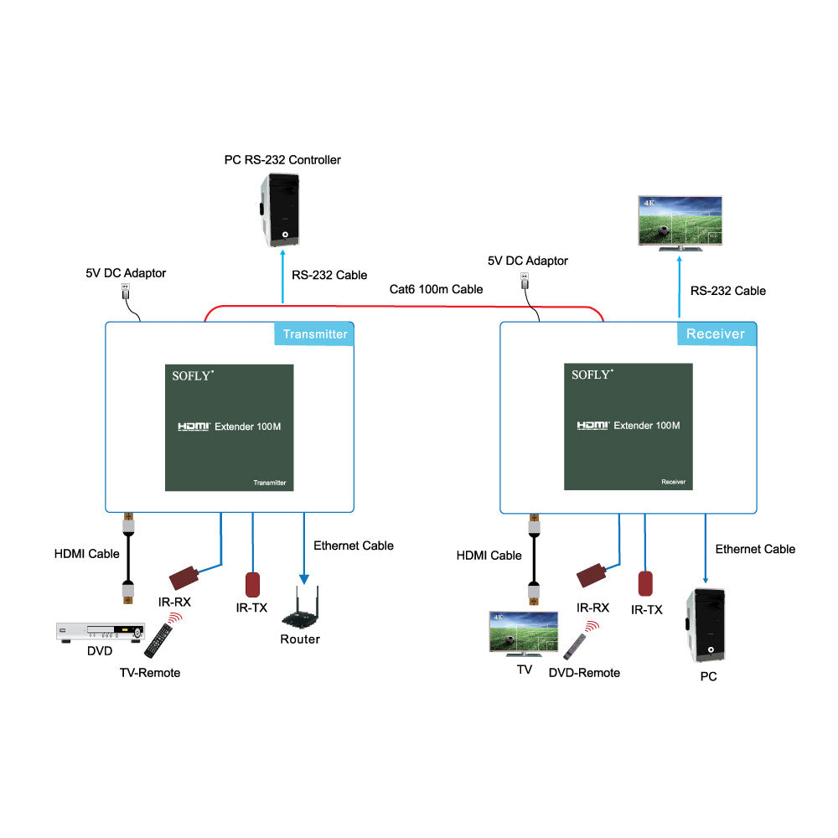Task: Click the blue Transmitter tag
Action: pyautogui.click(x=314, y=334)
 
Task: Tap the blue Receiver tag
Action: pyautogui.click(x=716, y=334)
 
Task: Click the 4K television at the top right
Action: pyautogui.click(x=680, y=223)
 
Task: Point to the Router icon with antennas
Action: pyautogui.click(x=301, y=610)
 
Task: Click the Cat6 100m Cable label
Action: pyautogui.click(x=436, y=289)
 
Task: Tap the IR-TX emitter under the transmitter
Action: pyautogui.click(x=252, y=584)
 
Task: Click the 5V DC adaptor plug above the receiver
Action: pyautogui.click(x=525, y=280)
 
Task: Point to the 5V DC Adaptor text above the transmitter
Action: pyautogui.click(x=126, y=273)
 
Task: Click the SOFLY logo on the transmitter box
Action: pyautogui.click(x=194, y=375)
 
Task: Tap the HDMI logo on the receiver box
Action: pyautogui.click(x=592, y=426)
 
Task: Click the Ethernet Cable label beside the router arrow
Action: pyautogui.click(x=353, y=546)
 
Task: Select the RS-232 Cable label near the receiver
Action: pyautogui.click(x=727, y=291)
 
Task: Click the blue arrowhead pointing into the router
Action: pyautogui.click(x=304, y=578)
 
